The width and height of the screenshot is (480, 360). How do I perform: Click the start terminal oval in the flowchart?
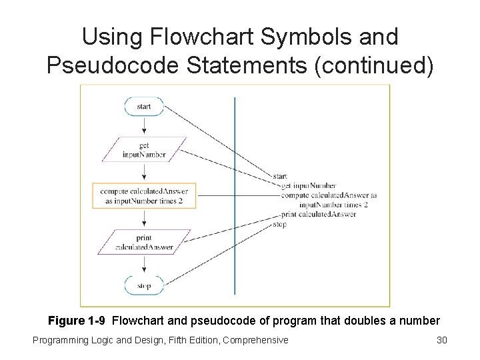144,107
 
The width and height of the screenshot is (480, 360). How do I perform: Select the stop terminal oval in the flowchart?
144,286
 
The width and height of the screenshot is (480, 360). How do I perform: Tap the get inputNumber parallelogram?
144,150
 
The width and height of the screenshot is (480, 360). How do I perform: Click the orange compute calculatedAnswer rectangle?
145,196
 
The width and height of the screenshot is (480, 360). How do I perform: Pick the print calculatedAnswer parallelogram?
144,242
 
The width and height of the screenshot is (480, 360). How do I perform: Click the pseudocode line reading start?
280,176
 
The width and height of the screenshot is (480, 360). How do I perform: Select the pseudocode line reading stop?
280,225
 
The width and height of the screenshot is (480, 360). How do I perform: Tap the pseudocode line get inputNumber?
309,185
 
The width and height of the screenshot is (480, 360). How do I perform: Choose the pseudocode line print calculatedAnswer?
318,215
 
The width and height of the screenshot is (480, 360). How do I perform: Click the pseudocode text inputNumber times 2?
333,205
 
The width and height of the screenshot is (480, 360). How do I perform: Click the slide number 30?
441,341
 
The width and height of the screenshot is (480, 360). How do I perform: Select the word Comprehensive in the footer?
256,341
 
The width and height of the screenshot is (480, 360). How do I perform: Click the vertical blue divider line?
235,200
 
